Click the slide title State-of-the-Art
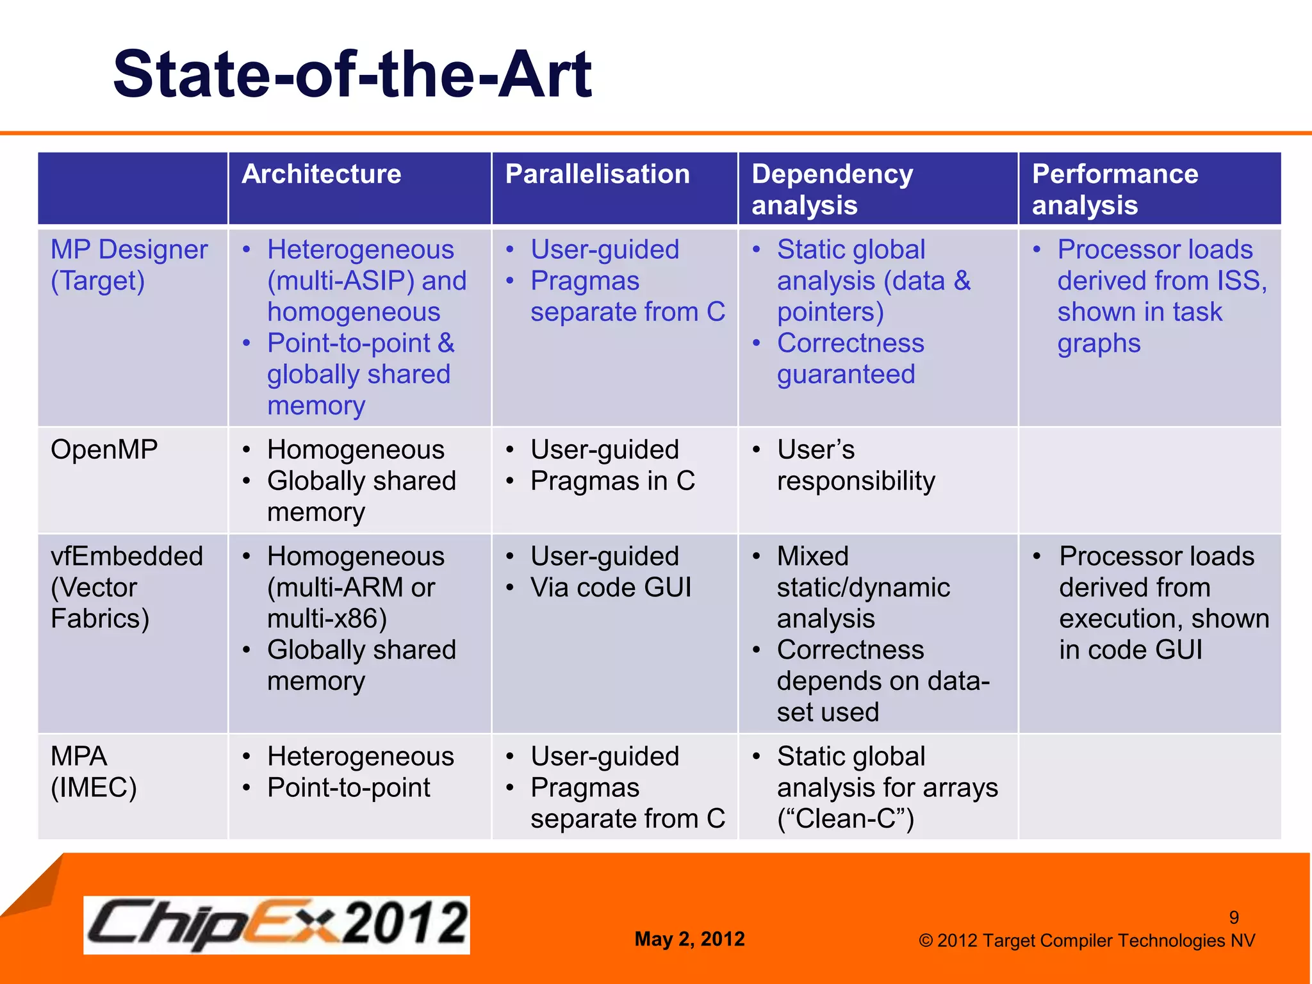pos(352,75)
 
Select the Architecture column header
pos(321,174)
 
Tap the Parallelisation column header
pos(597,174)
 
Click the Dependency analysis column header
pos(832,189)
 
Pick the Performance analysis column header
pos(1115,189)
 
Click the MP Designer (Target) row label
pos(129,265)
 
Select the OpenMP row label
pos(104,450)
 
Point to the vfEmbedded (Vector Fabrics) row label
pos(126,587)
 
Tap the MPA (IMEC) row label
pos(94,771)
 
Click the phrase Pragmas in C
pos(612,481)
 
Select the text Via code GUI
pos(611,587)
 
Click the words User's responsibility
pos(855,466)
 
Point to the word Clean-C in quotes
pos(846,819)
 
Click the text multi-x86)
pos(327,619)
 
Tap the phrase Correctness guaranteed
pos(849,359)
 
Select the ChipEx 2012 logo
pos(277,924)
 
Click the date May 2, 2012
pos(689,939)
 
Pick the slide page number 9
pos(1233,917)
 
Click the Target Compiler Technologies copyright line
pos(1086,940)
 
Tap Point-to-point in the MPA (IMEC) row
pos(348,788)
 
